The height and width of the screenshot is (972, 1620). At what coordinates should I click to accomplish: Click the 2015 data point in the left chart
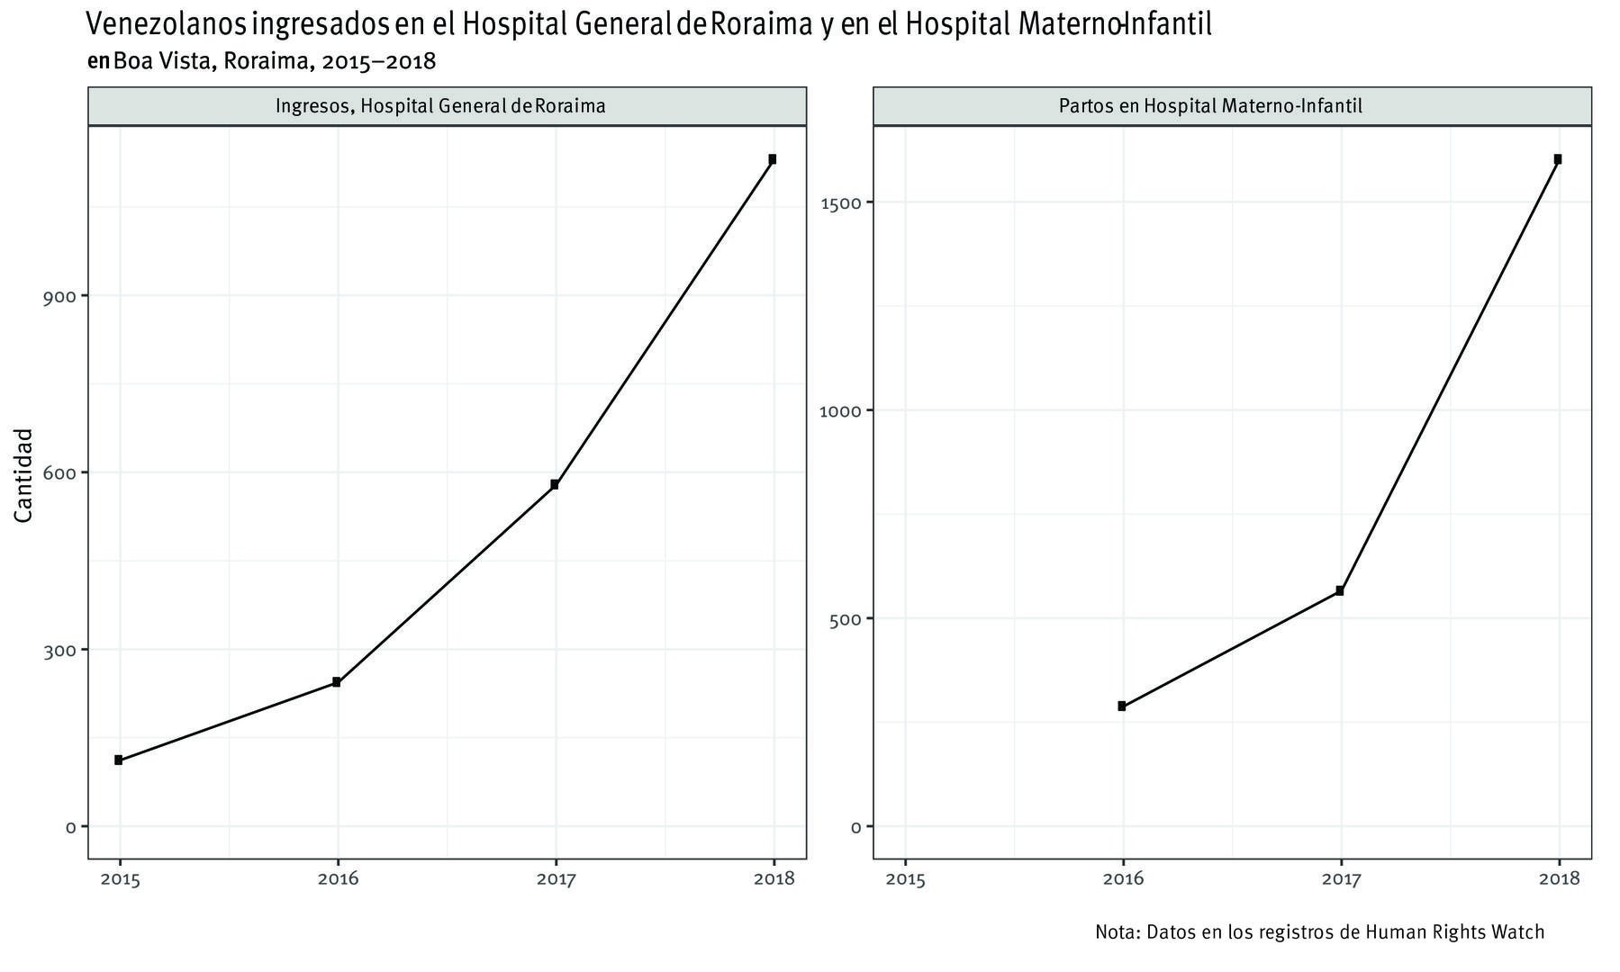coord(119,760)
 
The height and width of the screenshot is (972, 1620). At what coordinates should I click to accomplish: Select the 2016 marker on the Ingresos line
coord(337,682)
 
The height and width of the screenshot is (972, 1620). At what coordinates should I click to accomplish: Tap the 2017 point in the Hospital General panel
coord(555,484)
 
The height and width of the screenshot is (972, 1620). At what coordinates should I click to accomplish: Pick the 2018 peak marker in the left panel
coord(773,159)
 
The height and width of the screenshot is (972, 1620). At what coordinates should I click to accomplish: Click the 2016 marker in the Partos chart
coord(1122,706)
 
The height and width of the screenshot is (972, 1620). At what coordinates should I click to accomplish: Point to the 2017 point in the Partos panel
coord(1340,590)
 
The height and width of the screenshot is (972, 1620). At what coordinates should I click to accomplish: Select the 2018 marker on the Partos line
coord(1558,159)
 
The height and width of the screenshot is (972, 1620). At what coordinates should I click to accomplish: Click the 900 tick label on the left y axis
coord(59,296)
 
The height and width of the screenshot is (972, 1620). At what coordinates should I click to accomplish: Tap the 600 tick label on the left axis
coord(59,472)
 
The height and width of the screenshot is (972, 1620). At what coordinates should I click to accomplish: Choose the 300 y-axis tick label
coord(59,650)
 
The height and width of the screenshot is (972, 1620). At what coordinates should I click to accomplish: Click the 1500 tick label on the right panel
coord(840,202)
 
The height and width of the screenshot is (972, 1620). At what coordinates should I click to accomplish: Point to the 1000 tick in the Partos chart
coord(840,410)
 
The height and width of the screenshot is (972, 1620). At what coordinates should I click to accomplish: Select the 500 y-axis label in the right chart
coord(845,619)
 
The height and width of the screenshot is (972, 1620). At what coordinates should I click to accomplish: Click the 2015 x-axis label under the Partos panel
coord(905,879)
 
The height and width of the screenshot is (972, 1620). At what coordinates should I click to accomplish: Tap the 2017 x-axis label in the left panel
coord(555,879)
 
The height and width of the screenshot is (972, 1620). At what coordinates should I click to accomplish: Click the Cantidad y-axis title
coord(24,475)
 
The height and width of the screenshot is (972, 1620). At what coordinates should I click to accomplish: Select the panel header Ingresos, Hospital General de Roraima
coord(440,106)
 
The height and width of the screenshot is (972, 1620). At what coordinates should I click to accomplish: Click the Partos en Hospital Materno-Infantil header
coord(1210,106)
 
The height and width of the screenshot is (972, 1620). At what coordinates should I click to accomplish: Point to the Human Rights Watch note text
coord(1319,932)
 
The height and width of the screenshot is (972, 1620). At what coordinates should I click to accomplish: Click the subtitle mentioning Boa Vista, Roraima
coord(262,61)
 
